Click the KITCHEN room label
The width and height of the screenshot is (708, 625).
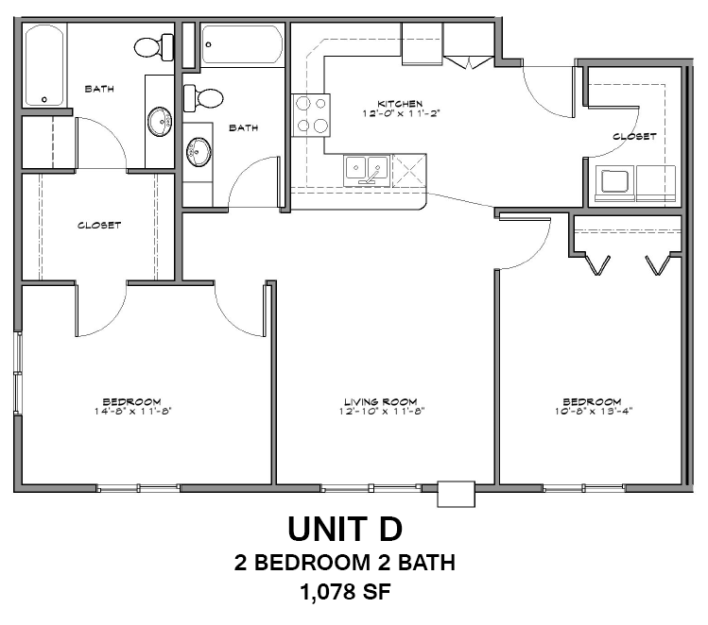point(399,103)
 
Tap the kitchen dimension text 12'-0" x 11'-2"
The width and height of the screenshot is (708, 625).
point(399,112)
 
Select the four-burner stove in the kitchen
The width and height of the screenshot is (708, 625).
point(313,115)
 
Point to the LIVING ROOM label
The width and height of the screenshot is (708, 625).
point(380,401)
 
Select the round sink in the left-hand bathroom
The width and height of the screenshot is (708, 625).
point(160,121)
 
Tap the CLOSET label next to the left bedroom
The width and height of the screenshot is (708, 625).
point(99,225)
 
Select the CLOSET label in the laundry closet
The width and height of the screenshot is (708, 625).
point(634,136)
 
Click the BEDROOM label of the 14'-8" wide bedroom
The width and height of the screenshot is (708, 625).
point(132,401)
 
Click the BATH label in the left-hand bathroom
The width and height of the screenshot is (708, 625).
point(99,89)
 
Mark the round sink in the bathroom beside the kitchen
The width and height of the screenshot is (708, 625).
point(199,150)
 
